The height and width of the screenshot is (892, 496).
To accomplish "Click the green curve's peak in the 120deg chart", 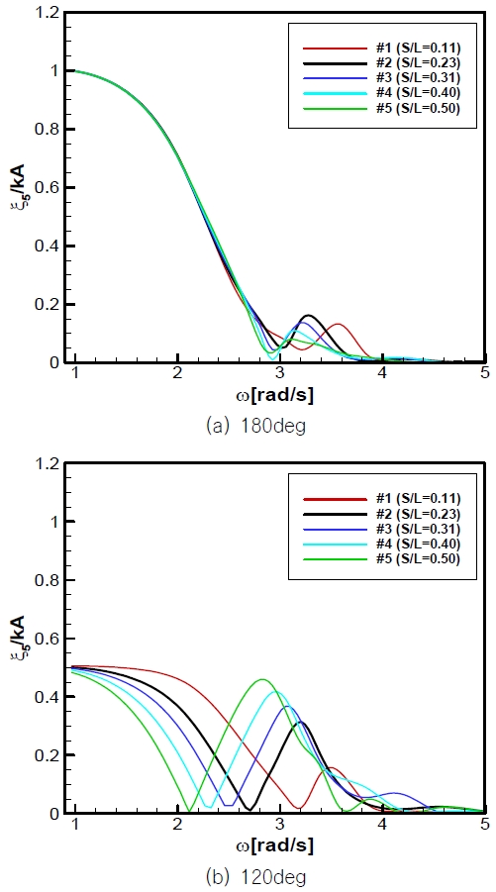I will tap(262, 680).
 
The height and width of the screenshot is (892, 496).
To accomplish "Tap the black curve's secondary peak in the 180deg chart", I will tap(308, 316).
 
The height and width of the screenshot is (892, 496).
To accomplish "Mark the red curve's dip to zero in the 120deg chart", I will tap(299, 809).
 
